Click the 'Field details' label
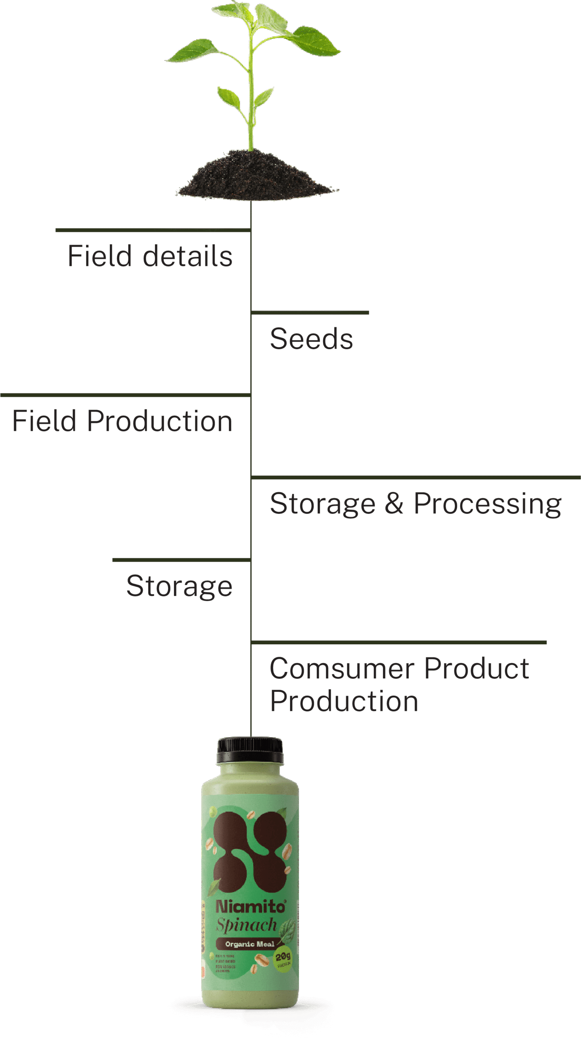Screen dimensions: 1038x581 pyautogui.click(x=150, y=256)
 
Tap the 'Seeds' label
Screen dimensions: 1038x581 pyautogui.click(x=311, y=339)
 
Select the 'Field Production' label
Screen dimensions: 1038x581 pyautogui.click(x=122, y=421)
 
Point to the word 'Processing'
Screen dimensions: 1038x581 pyautogui.click(x=487, y=504)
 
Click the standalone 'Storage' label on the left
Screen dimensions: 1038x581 pyautogui.click(x=179, y=586)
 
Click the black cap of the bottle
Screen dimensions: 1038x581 pyautogui.click(x=250, y=751)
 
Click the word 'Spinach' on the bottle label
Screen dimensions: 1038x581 pyautogui.click(x=246, y=925)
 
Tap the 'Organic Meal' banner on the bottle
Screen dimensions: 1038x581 pyautogui.click(x=250, y=944)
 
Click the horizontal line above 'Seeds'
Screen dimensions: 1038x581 pyautogui.click(x=310, y=313)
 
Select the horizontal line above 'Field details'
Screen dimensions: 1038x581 pyautogui.click(x=153, y=230)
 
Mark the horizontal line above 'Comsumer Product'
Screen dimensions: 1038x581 pyautogui.click(x=399, y=642)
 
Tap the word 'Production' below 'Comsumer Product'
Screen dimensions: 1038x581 pyautogui.click(x=344, y=701)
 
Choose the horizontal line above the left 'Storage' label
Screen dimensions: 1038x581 pyautogui.click(x=181, y=560)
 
